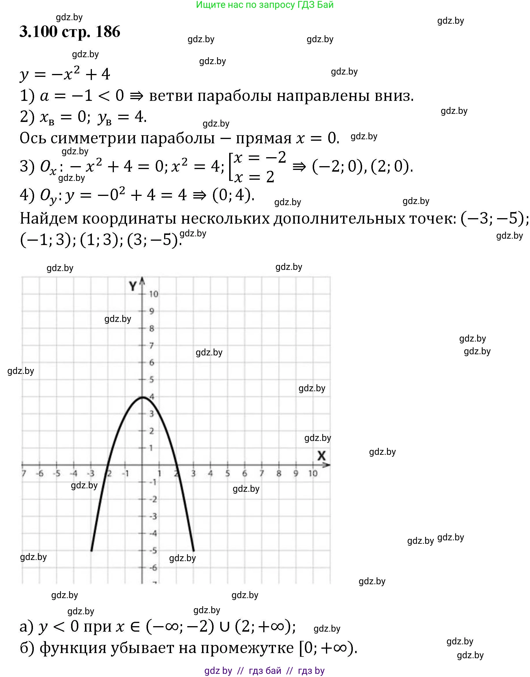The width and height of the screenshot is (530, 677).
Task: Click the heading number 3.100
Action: pyautogui.click(x=38, y=32)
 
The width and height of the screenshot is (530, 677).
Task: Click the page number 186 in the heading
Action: pyautogui.click(x=108, y=32)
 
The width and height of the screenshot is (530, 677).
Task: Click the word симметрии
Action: pyautogui.click(x=93, y=138)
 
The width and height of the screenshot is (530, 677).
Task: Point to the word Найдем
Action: pyautogui.click(x=49, y=218)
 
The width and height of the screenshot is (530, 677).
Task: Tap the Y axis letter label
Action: pyautogui.click(x=133, y=286)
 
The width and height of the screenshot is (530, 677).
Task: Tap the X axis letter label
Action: pyautogui.click(x=321, y=456)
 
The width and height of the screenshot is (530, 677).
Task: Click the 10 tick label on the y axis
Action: pyautogui.click(x=153, y=294)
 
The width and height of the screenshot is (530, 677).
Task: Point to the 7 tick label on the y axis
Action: pyautogui.click(x=151, y=345)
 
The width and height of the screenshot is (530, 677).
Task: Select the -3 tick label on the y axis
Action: pyautogui.click(x=153, y=517)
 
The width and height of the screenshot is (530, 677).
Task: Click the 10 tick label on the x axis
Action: pyautogui.click(x=313, y=474)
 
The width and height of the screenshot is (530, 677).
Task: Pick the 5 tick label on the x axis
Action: pyautogui.click(x=227, y=474)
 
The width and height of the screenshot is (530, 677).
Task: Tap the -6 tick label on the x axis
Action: pyautogui.click(x=39, y=474)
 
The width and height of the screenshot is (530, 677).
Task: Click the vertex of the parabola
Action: pyautogui.click(x=142, y=397)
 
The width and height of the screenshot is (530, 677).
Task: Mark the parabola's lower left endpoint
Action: pyautogui.click(x=91, y=551)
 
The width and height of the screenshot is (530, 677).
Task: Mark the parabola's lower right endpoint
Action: pyautogui.click(x=194, y=551)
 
